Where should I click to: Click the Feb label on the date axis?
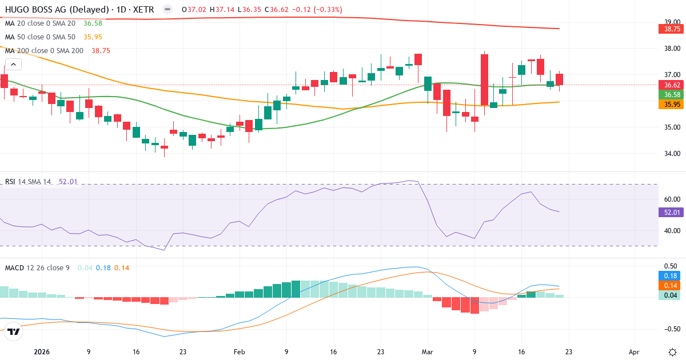tap(239, 352)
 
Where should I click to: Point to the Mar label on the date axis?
tap(427, 352)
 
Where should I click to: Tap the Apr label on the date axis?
tap(634, 352)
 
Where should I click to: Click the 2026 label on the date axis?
tap(42, 352)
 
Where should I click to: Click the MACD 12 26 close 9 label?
tap(37, 267)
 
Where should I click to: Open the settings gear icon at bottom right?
tap(672, 351)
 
